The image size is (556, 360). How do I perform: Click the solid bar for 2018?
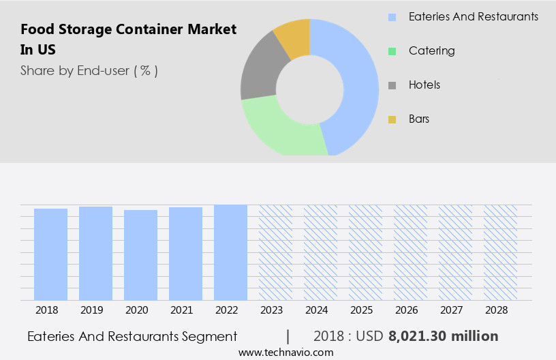[50, 254]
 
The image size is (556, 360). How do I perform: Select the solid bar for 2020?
[140, 254]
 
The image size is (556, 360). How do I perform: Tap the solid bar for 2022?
[230, 252]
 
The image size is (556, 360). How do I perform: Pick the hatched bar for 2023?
[275, 252]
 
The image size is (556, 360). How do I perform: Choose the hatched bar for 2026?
[410, 252]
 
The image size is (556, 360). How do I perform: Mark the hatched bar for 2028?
[500, 252]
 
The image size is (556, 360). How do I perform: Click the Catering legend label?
[431, 50]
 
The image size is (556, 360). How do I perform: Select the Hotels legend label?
[424, 85]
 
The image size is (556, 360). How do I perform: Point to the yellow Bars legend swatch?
[392, 119]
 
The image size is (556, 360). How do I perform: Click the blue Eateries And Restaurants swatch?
[392, 16]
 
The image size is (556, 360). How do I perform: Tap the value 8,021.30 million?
[443, 336]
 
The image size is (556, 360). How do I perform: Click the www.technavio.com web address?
[286, 352]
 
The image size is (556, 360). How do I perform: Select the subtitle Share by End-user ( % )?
[89, 70]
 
